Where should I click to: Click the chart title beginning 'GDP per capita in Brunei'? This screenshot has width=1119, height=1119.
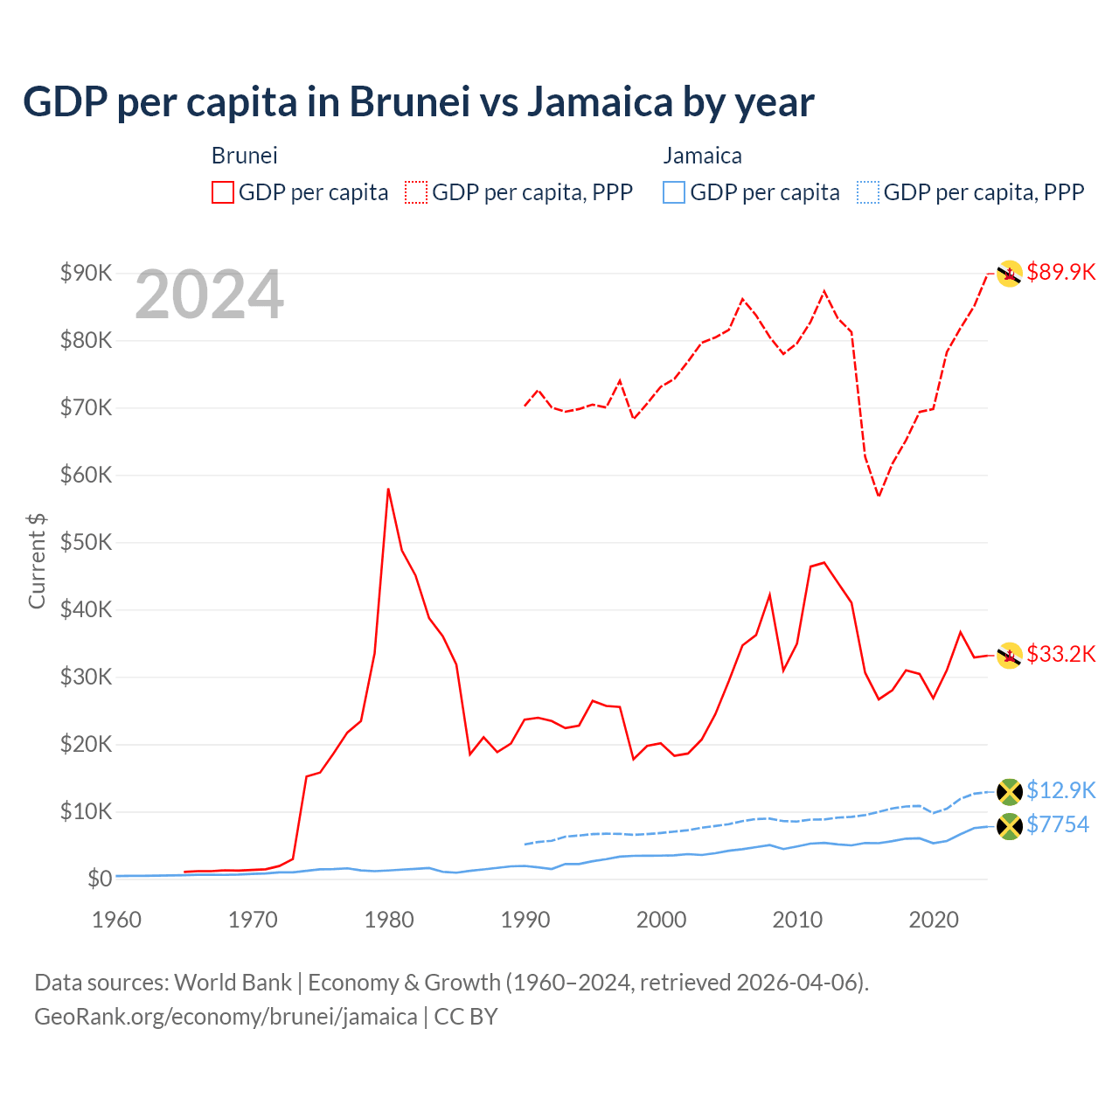click(418, 101)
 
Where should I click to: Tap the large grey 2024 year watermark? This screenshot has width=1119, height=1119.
click(209, 295)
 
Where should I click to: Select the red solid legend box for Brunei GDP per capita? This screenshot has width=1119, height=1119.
click(223, 192)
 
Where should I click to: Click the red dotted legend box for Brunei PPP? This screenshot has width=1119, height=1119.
click(416, 192)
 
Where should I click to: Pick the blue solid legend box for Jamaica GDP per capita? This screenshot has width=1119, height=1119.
click(673, 192)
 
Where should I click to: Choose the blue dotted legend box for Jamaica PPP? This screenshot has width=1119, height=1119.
click(867, 192)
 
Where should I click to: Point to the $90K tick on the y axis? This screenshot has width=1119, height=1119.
click(86, 273)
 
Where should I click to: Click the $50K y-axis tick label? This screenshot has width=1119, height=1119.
click(86, 542)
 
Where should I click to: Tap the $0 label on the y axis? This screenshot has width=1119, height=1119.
click(99, 879)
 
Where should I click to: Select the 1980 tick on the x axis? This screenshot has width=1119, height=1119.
click(389, 920)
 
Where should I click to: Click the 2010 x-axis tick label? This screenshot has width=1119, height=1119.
click(797, 920)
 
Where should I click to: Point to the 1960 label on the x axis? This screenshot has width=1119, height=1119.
click(117, 920)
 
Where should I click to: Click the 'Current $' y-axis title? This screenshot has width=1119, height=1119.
click(37, 560)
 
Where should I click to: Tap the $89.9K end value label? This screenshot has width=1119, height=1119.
click(1060, 272)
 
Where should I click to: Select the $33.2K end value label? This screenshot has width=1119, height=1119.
click(1060, 654)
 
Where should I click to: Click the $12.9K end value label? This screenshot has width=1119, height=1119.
click(1060, 790)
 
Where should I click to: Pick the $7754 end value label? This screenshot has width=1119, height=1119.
click(1057, 824)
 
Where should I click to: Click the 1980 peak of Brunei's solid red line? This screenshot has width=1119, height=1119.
click(388, 490)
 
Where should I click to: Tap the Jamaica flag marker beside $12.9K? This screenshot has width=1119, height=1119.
click(1010, 791)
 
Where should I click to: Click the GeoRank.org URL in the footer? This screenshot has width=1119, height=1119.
click(226, 1017)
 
